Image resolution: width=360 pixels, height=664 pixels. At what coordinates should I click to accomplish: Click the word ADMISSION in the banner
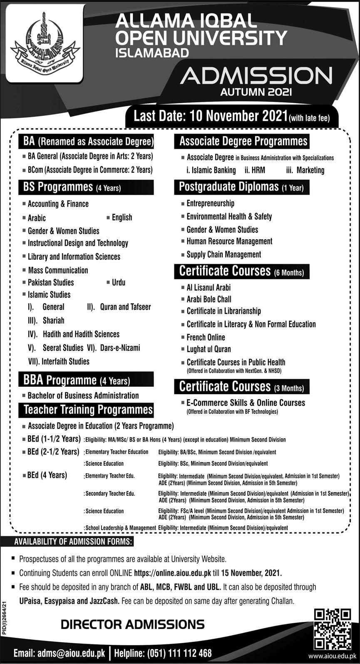tap(257, 76)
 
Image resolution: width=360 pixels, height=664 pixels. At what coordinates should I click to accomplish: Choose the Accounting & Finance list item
tap(58, 204)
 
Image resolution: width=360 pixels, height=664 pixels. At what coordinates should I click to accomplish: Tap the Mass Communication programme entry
tap(58, 270)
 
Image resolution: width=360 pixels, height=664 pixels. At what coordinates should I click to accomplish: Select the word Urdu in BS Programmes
tap(118, 282)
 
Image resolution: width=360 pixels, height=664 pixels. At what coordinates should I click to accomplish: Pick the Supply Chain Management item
tap(223, 254)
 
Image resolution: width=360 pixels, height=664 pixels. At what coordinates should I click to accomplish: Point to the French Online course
tap(206, 337)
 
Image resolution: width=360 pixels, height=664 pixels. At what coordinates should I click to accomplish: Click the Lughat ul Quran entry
tap(209, 349)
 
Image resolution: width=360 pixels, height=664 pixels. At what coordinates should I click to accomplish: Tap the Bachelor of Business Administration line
tap(83, 395)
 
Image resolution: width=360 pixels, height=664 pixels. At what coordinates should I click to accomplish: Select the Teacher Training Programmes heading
tap(88, 410)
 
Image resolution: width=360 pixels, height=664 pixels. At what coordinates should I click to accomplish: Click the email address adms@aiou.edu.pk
tap(71, 653)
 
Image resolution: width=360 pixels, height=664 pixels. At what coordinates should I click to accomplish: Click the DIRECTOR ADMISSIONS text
tap(132, 624)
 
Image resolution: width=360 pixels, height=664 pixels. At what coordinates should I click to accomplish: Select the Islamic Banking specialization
tap(211, 170)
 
